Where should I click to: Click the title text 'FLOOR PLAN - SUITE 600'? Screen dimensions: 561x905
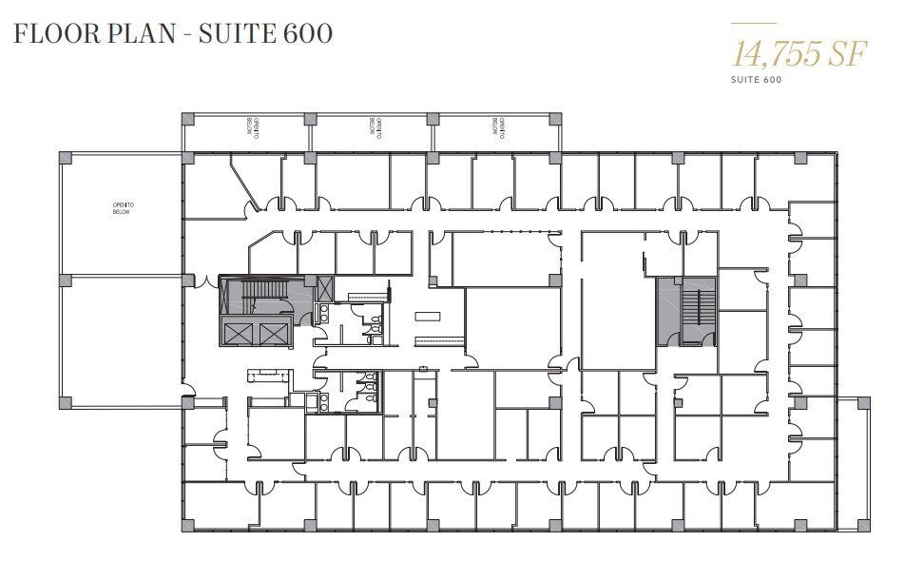172,33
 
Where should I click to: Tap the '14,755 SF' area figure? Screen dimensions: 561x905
799,54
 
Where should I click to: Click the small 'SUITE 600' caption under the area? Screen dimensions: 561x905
757,80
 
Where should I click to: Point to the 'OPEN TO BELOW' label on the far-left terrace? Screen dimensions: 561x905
121,208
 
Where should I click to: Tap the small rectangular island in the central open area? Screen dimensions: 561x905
428,316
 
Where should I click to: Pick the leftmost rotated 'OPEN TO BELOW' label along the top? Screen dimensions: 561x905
254,128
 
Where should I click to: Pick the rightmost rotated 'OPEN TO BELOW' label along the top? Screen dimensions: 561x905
498,128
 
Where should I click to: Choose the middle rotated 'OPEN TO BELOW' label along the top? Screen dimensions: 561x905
376,128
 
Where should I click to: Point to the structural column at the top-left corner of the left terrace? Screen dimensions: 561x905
65,157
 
